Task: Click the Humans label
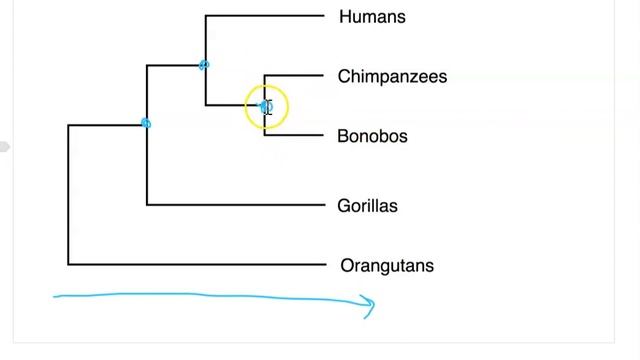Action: pyautogui.click(x=372, y=17)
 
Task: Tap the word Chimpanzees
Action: pyautogui.click(x=392, y=77)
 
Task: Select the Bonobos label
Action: pyautogui.click(x=372, y=137)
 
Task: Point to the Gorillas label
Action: pyautogui.click(x=367, y=206)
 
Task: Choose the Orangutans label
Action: pyautogui.click(x=386, y=266)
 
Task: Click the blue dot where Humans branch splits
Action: pyautogui.click(x=204, y=65)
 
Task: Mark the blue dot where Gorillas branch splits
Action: pyautogui.click(x=146, y=124)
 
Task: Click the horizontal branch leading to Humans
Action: pyautogui.click(x=265, y=16)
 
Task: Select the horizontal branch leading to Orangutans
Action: pyautogui.click(x=200, y=264)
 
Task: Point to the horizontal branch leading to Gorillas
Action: pyautogui.click(x=240, y=204)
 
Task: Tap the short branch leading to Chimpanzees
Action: pyautogui.click(x=294, y=75)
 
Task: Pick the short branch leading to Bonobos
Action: pyautogui.click(x=294, y=135)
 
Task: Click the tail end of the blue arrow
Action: pyautogui.click(x=56, y=297)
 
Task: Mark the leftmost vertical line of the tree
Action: pyautogui.click(x=68, y=195)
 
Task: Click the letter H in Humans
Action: pyautogui.click(x=345, y=17)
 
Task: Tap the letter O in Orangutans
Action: pyautogui.click(x=347, y=266)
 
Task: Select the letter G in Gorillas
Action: pyautogui.click(x=344, y=206)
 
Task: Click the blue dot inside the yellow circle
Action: pyautogui.click(x=264, y=106)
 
